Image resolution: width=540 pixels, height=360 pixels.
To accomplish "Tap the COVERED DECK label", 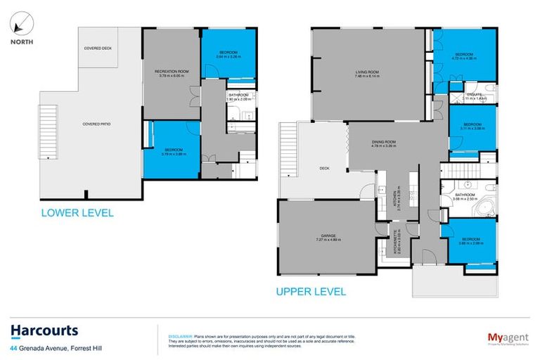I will pos(98,48).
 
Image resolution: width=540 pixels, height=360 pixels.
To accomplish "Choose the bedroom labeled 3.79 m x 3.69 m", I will pos(174,151).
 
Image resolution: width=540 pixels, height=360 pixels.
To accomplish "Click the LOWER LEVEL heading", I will pos(77,213).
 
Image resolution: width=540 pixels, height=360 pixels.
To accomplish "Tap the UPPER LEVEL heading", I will pos(311,291).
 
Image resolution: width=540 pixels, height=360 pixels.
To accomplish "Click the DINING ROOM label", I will pos(384,143).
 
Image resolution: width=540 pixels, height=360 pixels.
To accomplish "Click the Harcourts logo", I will pos(44,330).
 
